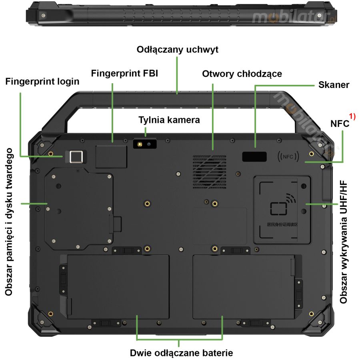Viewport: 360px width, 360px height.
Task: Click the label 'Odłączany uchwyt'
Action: pos(177,50)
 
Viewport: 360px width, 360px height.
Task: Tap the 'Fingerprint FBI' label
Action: pos(124,74)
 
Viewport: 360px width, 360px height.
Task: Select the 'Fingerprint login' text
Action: pos(42,82)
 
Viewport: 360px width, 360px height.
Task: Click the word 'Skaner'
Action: pos(334,85)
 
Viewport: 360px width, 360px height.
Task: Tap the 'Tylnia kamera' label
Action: pos(169,120)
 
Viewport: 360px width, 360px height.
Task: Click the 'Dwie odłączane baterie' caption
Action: pos(181,353)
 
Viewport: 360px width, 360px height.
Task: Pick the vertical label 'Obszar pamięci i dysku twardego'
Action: pos(9,222)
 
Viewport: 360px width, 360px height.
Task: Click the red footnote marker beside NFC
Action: pos(352,117)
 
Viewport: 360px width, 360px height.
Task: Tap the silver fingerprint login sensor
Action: pos(75,157)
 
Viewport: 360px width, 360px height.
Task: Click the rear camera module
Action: pos(145,144)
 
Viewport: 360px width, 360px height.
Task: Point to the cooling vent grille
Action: pos(209,172)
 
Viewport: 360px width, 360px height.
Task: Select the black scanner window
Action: pos(254,157)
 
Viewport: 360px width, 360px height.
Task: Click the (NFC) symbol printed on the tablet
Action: pos(288,157)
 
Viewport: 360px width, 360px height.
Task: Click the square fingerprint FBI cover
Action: pos(112,156)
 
